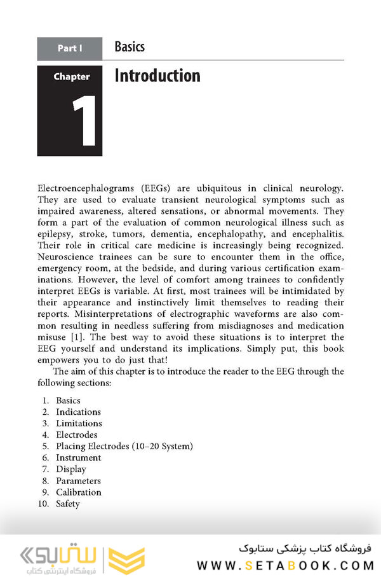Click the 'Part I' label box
click(70, 48)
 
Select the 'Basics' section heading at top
click(130, 46)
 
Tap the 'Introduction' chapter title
click(157, 76)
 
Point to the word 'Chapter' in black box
click(71, 77)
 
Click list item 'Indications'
click(78, 412)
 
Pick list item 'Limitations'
click(79, 423)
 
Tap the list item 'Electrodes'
click(77, 434)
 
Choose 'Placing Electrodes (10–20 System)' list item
click(124, 446)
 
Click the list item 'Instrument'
click(78, 457)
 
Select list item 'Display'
click(71, 469)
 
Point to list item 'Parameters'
click(78, 480)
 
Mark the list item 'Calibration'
click(79, 492)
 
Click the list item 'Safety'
click(68, 503)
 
